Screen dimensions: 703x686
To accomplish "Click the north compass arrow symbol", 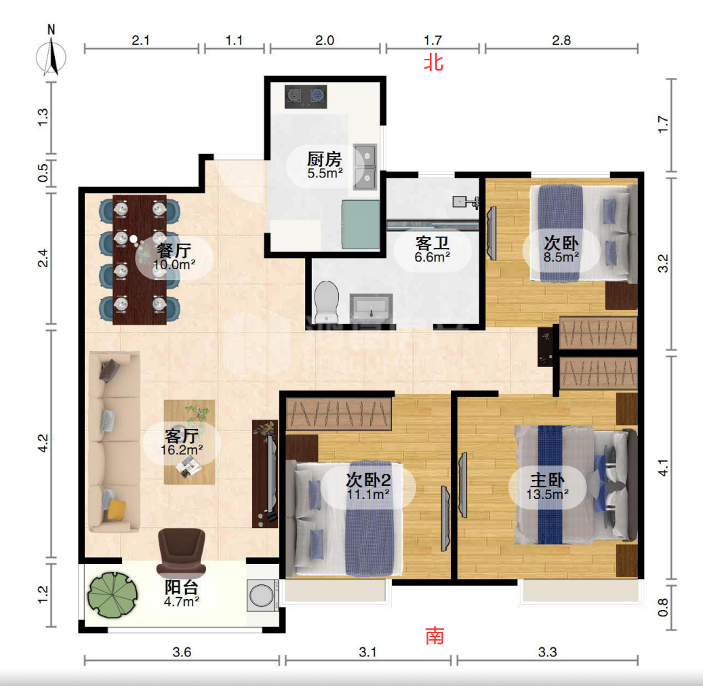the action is [x=51, y=56].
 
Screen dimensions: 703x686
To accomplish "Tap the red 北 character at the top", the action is [x=434, y=62].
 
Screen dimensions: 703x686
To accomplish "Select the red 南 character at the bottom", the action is [x=435, y=636].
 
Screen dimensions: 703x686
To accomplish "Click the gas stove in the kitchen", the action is [x=306, y=96].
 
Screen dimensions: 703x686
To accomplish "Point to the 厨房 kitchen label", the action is [x=325, y=159].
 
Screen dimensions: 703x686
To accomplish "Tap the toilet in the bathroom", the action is [x=326, y=300].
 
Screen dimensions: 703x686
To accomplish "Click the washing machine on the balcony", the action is [x=262, y=595].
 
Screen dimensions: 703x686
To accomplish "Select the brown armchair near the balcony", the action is [x=182, y=552].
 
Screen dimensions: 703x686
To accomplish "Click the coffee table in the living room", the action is [x=189, y=442].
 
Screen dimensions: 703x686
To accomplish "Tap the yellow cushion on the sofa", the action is [x=117, y=510].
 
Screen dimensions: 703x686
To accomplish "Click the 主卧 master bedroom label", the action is [x=548, y=480].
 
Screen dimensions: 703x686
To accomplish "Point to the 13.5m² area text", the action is [x=548, y=495].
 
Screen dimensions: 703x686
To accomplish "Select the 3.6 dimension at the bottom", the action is [x=182, y=652].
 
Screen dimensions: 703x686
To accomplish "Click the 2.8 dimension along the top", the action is [x=561, y=41].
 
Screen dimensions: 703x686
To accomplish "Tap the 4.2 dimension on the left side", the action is [x=43, y=443].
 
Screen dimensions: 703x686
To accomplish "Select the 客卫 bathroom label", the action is [x=433, y=243].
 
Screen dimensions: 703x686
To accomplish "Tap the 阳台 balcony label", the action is [x=182, y=587].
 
